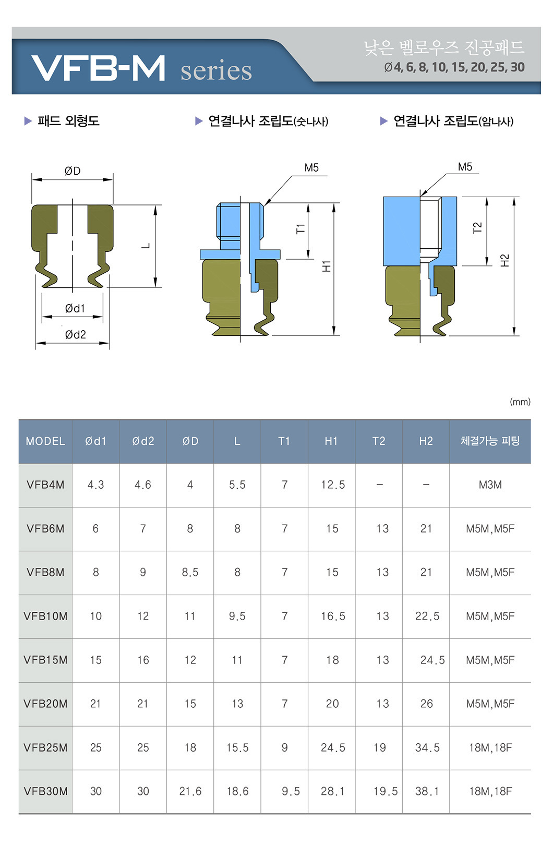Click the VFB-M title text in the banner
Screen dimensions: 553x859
point(98,68)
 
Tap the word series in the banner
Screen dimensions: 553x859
point(217,70)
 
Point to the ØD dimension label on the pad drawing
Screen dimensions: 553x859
point(73,171)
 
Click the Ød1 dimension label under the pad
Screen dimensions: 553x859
point(75,308)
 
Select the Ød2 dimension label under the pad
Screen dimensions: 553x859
point(75,335)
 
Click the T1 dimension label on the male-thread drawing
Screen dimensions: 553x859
point(300,228)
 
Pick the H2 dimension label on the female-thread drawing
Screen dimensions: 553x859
point(504,260)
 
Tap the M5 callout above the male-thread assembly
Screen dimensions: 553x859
point(311,167)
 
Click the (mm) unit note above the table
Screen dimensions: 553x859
point(520,402)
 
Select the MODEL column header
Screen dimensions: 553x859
point(45,441)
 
